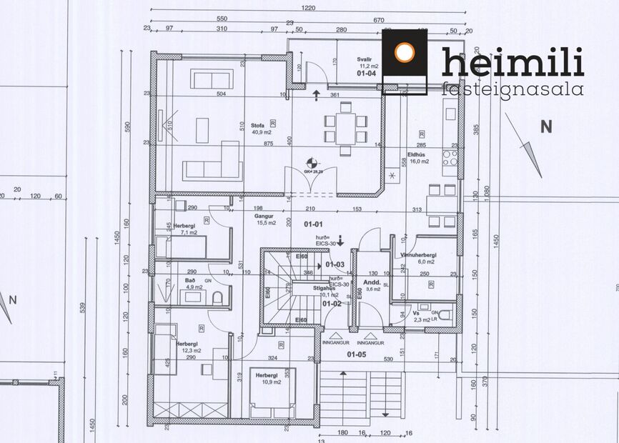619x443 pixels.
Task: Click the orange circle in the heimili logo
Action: point(405,52)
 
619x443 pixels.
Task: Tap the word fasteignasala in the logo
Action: point(512,89)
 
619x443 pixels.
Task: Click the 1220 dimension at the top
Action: point(308,8)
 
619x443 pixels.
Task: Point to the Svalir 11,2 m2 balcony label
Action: point(366,64)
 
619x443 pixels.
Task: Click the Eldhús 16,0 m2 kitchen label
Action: point(418,157)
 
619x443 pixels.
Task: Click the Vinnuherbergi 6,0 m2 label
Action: point(419,258)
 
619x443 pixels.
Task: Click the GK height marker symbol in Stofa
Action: point(310,162)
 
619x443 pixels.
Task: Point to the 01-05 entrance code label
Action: point(356,353)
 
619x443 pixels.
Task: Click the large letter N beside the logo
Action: point(546,127)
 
